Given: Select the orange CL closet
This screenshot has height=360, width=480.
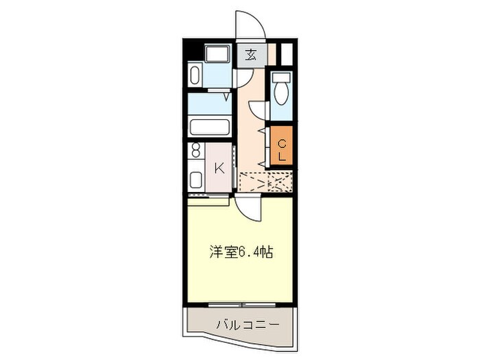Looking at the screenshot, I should (282, 147).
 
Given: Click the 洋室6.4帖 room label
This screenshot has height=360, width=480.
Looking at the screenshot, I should (241, 252).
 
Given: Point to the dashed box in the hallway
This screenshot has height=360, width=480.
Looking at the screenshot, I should (266, 182).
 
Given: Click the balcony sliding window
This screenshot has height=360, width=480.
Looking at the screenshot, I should (241, 303).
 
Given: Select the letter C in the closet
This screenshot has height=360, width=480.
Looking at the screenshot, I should (282, 142).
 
